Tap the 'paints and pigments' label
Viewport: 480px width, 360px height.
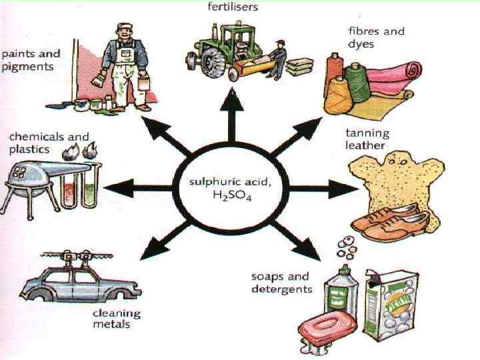point(31,61)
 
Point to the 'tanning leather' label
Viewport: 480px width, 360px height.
point(367,139)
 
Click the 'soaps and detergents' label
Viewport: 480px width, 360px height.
point(281,283)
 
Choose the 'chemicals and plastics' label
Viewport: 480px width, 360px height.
point(49,143)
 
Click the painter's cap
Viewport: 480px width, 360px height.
point(125,29)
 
